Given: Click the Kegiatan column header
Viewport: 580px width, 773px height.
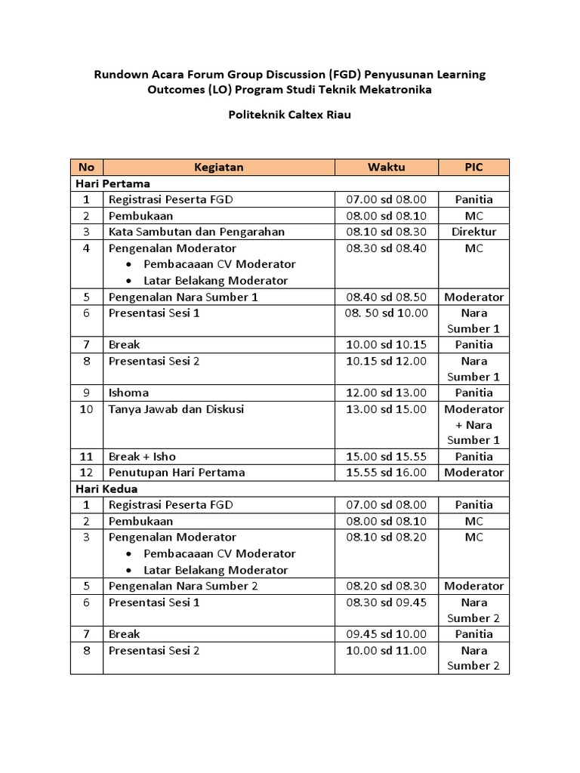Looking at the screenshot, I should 218,167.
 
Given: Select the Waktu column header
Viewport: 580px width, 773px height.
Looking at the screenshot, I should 386,167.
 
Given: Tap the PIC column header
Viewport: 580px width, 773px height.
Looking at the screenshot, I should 474,167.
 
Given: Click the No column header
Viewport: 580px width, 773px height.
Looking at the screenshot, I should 86,167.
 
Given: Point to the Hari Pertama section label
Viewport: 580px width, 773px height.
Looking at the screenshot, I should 112,183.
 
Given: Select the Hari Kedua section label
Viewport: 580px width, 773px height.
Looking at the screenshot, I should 106,488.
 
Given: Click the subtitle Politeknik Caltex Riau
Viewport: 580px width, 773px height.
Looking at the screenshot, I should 290,115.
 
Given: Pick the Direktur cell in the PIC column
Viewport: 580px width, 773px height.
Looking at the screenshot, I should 474,232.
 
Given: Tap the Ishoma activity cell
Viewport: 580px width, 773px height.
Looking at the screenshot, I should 128,393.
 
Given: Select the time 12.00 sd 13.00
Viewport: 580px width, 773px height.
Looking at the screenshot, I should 386,393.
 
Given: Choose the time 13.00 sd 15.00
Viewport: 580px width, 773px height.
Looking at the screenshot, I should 386,409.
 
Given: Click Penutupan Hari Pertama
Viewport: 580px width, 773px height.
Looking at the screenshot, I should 177,473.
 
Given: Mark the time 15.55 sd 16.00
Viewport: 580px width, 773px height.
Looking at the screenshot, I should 386,473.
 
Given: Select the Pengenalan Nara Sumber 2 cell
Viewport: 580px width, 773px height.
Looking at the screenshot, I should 184,586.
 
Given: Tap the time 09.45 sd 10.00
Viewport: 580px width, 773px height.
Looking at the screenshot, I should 386,634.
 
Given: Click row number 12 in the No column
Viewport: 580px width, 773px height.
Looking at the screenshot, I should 86,473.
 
